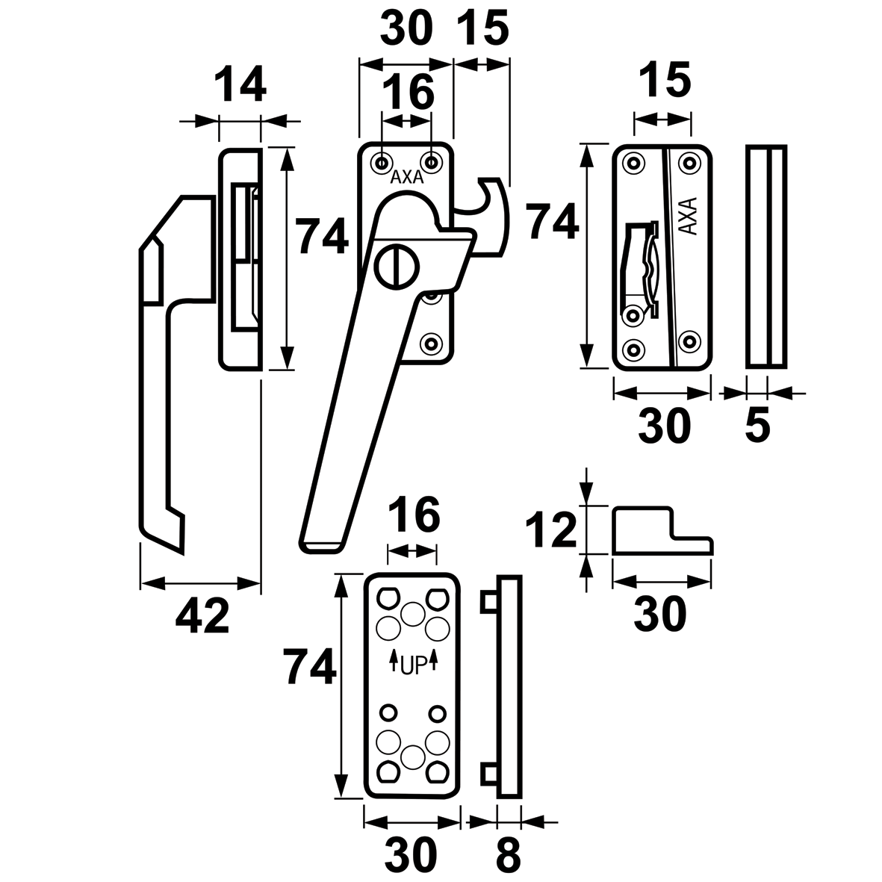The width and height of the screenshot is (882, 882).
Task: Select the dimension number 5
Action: (x=757, y=426)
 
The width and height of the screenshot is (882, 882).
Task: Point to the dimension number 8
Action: (x=507, y=856)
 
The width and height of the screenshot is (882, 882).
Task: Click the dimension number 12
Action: (x=551, y=529)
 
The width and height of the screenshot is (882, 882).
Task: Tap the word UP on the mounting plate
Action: (x=412, y=664)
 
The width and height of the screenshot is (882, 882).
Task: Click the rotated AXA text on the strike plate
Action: (x=688, y=217)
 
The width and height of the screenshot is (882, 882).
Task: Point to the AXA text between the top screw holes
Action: (x=406, y=178)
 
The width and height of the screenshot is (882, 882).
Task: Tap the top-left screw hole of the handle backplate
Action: (x=382, y=161)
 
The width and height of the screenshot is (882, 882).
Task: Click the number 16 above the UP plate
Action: (x=413, y=515)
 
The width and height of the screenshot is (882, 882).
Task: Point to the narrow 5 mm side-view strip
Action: (x=766, y=256)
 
